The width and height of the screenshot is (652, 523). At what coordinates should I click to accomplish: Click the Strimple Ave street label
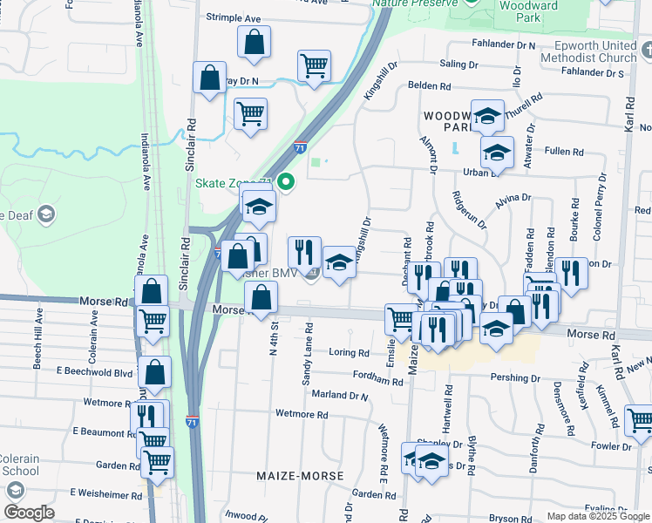click(x=233, y=17)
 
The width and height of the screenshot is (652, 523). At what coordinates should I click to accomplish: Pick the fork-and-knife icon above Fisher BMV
click(x=304, y=252)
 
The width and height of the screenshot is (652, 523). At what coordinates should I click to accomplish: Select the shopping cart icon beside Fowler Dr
click(x=639, y=420)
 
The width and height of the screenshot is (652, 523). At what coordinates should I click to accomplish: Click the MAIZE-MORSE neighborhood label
click(x=301, y=476)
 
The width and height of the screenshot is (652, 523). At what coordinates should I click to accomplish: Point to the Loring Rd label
click(x=350, y=353)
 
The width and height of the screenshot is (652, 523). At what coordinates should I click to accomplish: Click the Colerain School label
click(x=18, y=465)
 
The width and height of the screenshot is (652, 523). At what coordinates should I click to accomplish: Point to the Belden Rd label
click(x=429, y=87)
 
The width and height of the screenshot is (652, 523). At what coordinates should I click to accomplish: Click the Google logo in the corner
click(x=29, y=513)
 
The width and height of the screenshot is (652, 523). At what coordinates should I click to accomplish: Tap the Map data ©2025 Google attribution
click(x=597, y=516)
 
